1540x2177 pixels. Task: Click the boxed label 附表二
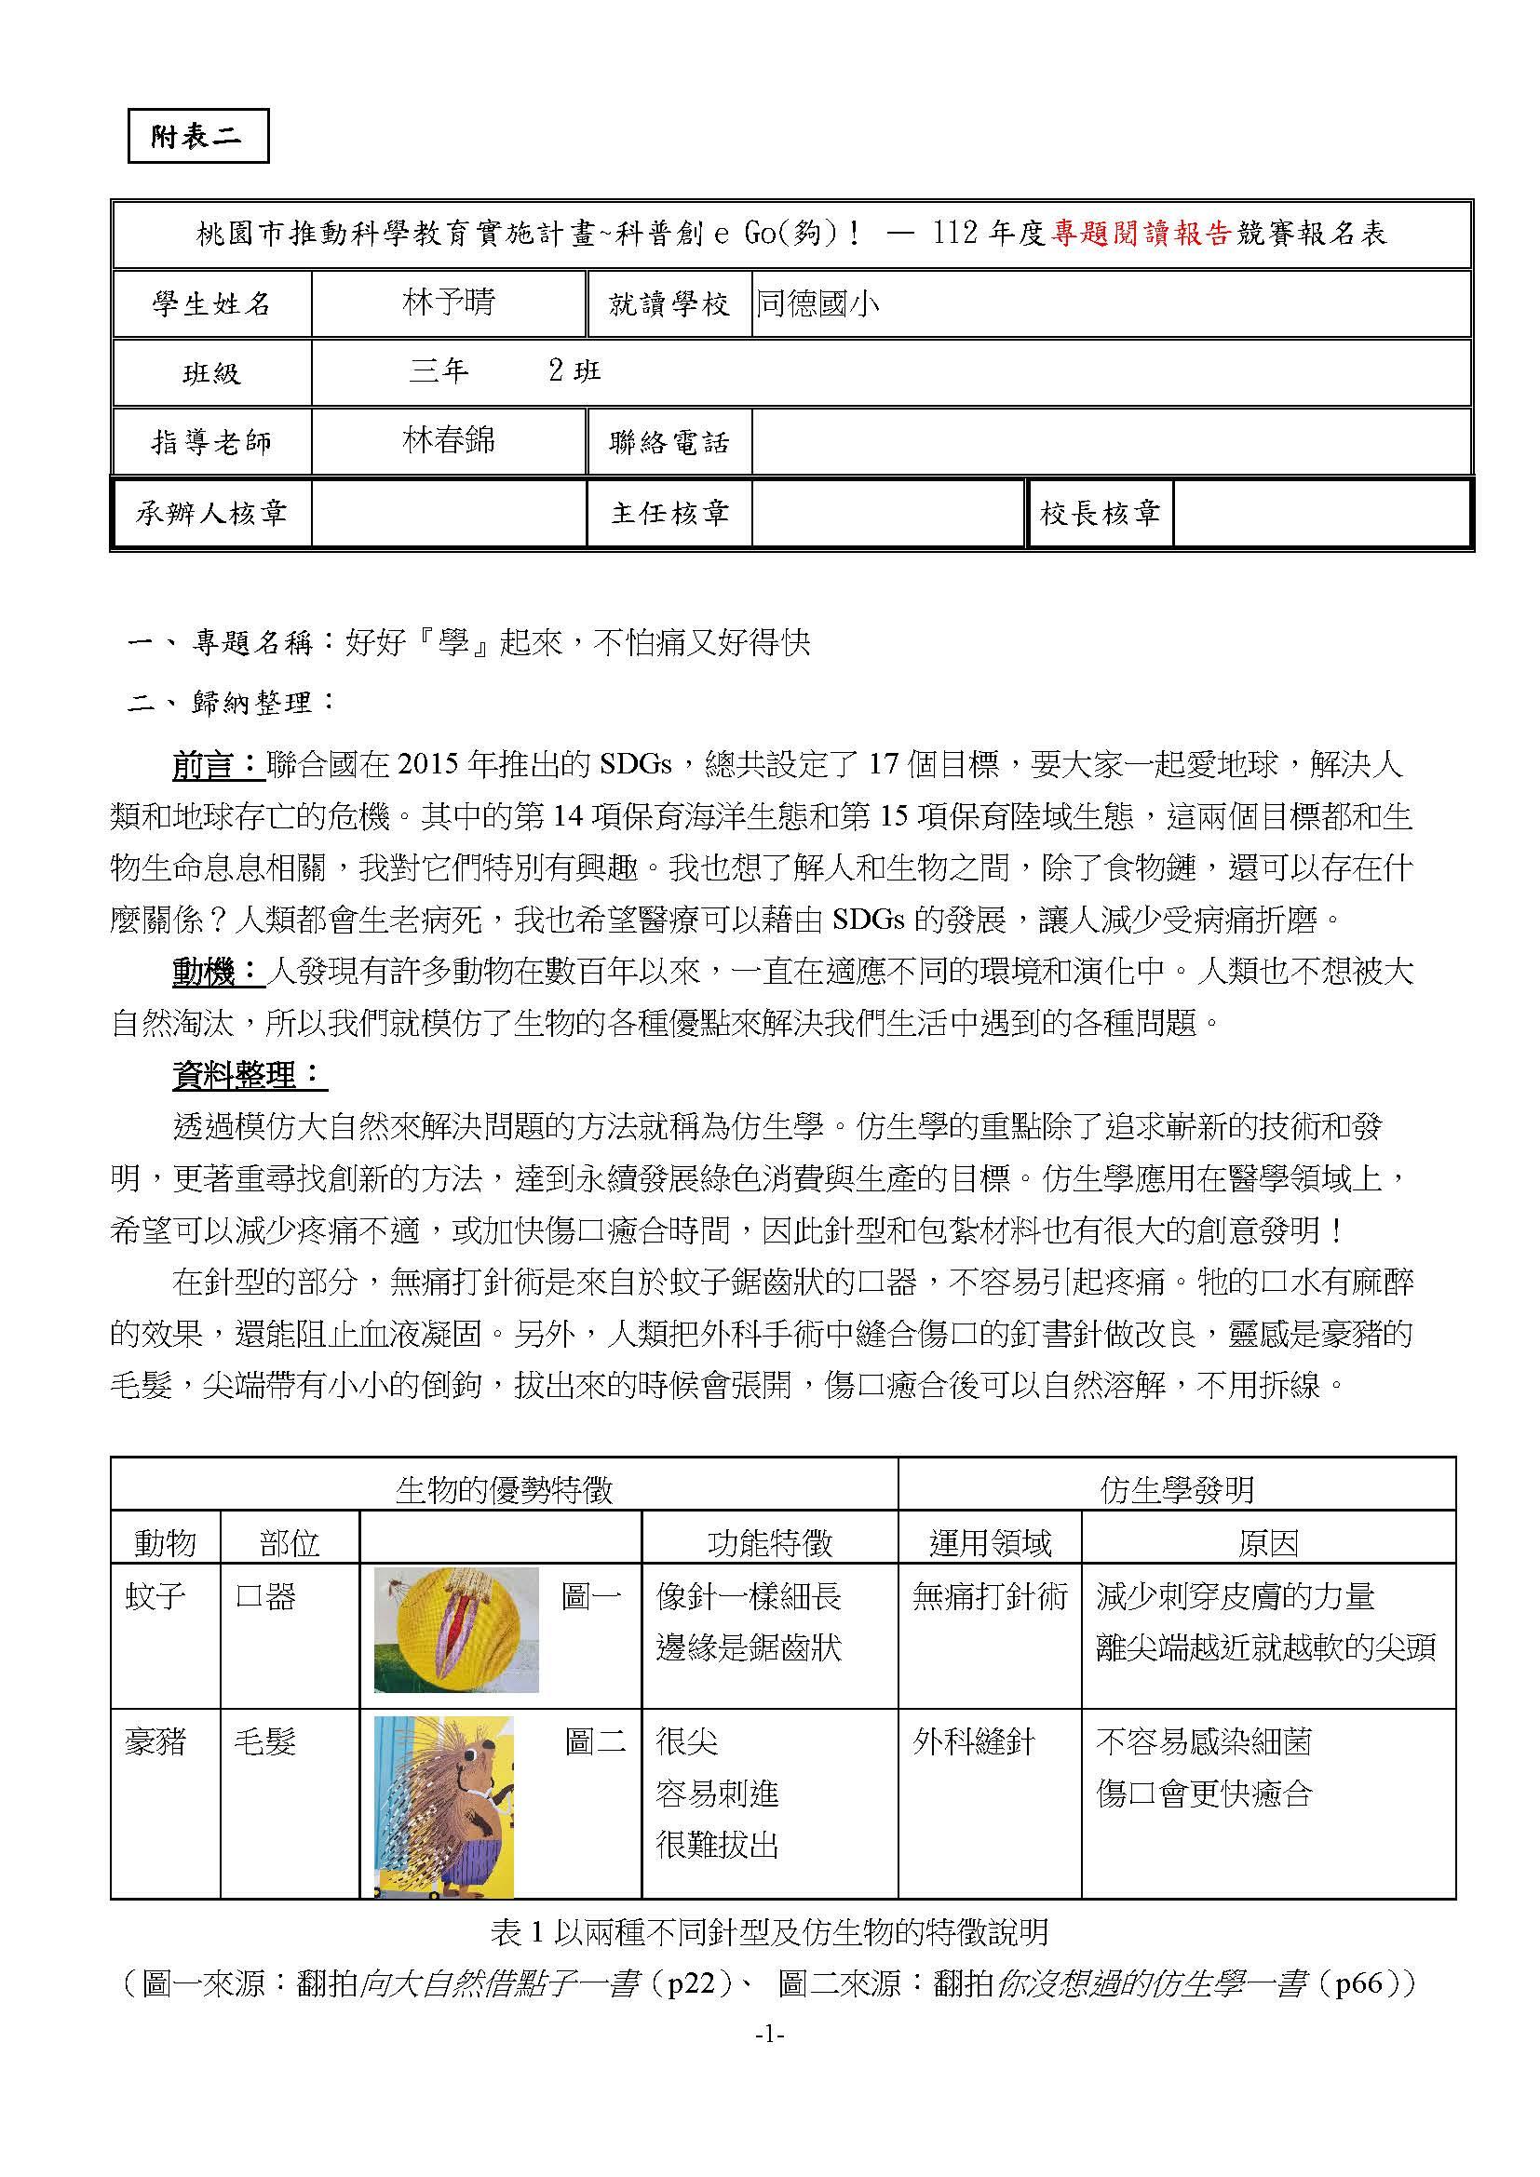click(197, 137)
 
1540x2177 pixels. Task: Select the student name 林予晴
click(449, 303)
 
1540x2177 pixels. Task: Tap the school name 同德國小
click(817, 303)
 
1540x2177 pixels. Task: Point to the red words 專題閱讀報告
click(1141, 234)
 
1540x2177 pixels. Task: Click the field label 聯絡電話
click(669, 442)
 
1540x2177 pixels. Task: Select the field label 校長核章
click(1100, 514)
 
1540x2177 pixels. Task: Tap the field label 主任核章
click(669, 514)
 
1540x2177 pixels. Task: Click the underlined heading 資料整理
click(249, 1075)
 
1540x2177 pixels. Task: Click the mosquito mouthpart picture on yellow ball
click(456, 1629)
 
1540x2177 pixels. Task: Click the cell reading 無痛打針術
click(989, 1597)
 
